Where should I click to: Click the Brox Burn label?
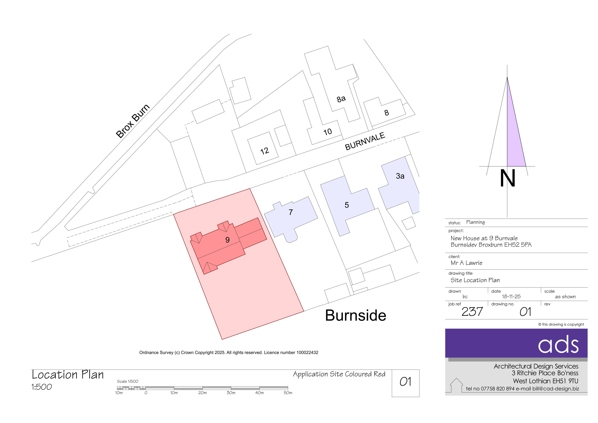click(x=133, y=121)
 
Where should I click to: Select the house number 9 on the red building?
click(x=227, y=240)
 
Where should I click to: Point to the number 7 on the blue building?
click(x=291, y=212)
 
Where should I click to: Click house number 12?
click(x=265, y=151)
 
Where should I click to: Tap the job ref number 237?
click(x=472, y=312)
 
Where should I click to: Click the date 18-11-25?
click(x=511, y=296)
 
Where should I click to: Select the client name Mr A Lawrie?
click(x=466, y=263)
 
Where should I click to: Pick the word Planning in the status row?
click(x=475, y=222)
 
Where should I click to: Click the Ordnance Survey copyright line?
click(x=229, y=352)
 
